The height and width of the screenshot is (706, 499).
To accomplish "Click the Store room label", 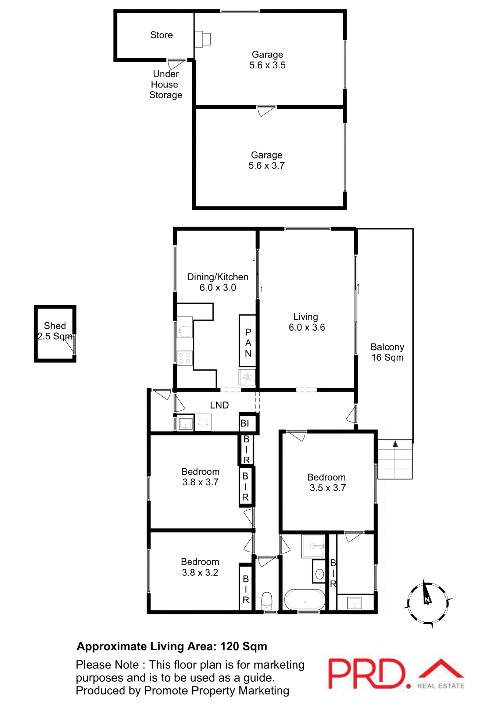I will (x=161, y=35).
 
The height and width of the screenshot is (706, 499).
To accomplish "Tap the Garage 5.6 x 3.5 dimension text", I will (x=267, y=65).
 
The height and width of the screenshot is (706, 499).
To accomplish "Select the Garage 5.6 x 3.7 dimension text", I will (x=267, y=166).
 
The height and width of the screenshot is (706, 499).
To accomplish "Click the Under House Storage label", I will (x=165, y=85).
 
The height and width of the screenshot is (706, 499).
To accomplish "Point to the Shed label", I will (x=55, y=326).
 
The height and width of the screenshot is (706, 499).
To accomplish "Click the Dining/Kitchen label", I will (x=218, y=277).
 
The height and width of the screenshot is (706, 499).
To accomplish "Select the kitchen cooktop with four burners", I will (x=185, y=358).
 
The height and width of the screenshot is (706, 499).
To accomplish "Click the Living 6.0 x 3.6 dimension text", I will (x=307, y=328).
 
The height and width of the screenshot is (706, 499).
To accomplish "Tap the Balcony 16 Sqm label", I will (x=387, y=352).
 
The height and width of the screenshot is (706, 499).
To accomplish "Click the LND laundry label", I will (x=219, y=405).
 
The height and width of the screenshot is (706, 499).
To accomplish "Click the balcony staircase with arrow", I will (x=395, y=459).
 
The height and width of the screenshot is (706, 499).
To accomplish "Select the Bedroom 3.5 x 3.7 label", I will (x=327, y=482).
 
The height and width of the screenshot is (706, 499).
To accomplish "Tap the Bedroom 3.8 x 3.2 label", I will (x=200, y=567).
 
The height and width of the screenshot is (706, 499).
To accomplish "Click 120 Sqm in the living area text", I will (x=243, y=646).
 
